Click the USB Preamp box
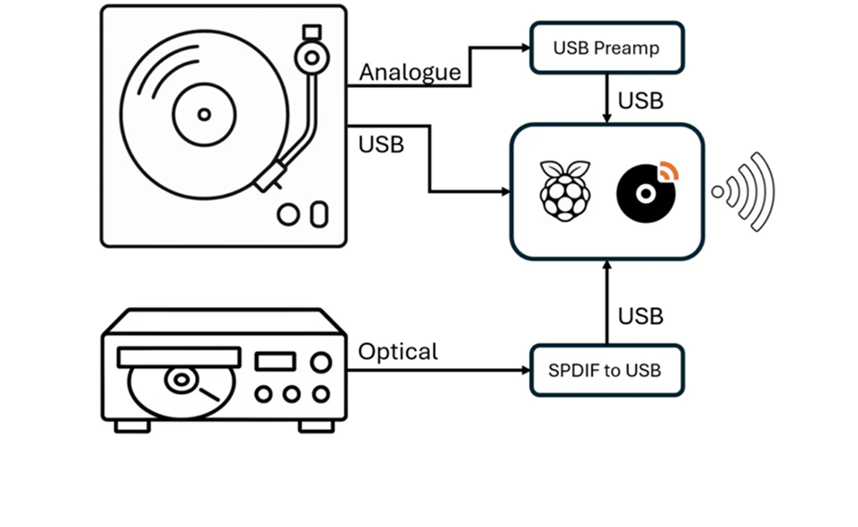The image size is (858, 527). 606,48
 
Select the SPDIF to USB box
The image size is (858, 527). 606,370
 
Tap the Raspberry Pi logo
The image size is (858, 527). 564,190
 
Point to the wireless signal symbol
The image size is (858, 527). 743,191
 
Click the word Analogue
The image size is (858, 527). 410,72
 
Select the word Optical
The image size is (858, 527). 398,351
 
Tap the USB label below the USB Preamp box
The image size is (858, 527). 641,101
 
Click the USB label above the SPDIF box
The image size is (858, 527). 641,316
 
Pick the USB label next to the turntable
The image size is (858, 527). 381,144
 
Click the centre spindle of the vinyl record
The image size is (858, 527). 204,114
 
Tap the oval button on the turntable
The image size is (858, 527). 317,215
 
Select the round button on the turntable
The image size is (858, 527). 288,215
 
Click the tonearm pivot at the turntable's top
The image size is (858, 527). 312,59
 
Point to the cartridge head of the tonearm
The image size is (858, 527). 269,178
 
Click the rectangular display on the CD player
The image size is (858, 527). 275,361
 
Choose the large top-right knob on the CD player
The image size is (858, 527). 320,362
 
